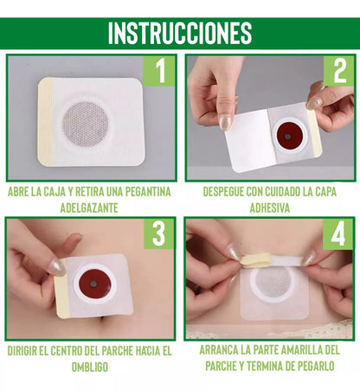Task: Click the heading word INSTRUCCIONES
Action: point(180,33)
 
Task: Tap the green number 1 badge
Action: point(159,71)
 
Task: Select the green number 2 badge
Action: point(339,71)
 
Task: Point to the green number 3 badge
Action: point(159,233)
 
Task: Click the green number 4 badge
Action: point(338,233)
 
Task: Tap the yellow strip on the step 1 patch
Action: point(45,122)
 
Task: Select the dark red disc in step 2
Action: point(289,137)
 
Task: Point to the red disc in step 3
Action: point(95,285)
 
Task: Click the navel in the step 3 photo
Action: point(103,319)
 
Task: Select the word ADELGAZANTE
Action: point(89,208)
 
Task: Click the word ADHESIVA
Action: point(270,208)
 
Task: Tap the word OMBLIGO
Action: point(90,368)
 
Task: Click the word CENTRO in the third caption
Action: point(65,351)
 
